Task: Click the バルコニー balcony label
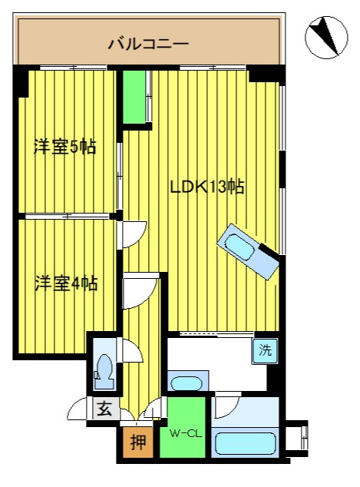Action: (148, 44)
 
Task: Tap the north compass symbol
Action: (326, 38)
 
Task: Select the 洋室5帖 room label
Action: (65, 147)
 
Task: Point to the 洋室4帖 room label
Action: (66, 283)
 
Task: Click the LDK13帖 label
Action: (207, 187)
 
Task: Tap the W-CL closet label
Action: (186, 433)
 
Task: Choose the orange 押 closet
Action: (138, 442)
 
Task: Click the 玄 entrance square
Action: (105, 409)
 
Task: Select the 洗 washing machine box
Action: (265, 350)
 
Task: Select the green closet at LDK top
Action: (134, 98)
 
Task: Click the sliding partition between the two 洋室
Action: (68, 216)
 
